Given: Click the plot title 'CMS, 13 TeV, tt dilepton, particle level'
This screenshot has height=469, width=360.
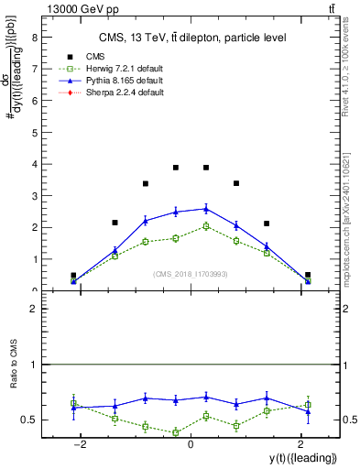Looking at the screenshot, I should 192,38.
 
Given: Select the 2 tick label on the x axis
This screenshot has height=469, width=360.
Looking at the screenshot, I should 300,444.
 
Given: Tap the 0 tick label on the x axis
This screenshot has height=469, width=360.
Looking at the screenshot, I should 191,444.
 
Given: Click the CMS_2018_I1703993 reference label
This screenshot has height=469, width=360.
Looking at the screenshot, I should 190,273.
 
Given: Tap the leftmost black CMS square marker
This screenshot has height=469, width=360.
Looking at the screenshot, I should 73,275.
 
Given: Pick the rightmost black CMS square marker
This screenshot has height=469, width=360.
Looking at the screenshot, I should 308,275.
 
